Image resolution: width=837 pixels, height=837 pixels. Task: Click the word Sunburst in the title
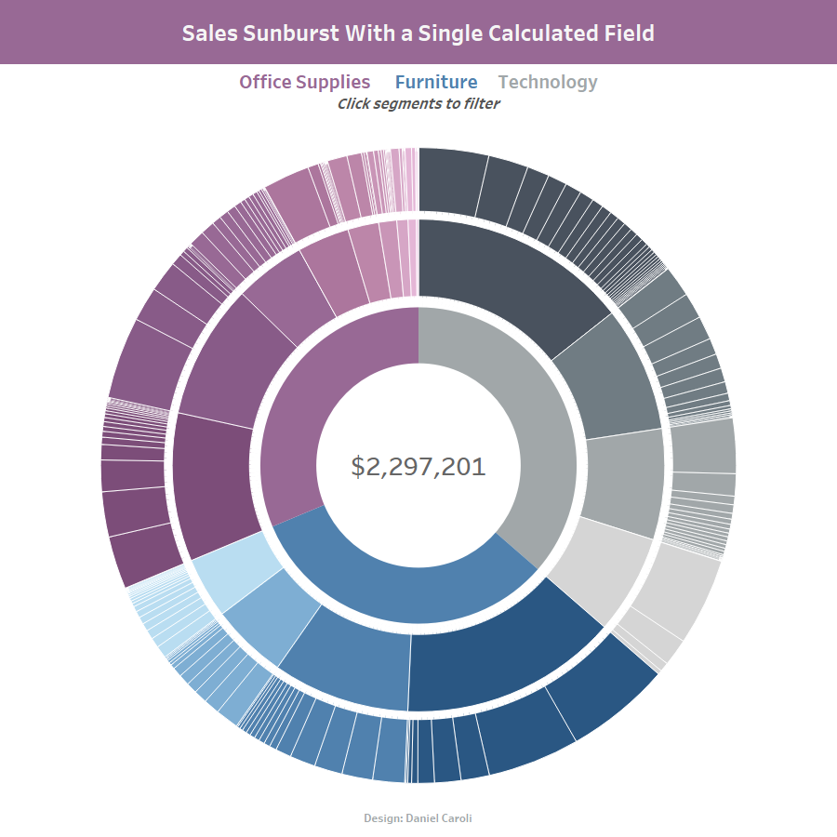[279, 33]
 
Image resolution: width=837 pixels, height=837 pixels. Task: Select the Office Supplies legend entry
[304, 82]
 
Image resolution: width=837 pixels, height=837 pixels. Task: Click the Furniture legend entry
[436, 82]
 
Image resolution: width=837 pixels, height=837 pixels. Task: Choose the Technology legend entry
[548, 82]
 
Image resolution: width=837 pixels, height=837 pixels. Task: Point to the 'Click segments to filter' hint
[418, 103]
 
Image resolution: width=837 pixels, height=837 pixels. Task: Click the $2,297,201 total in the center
[418, 466]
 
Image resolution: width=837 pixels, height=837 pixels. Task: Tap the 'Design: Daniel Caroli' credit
[418, 818]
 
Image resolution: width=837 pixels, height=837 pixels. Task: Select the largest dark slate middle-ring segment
[507, 279]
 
